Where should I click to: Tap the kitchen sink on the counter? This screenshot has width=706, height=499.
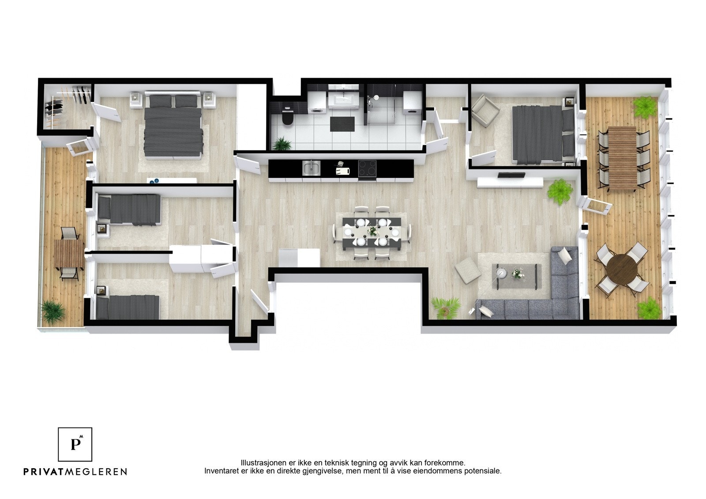(x=311, y=168)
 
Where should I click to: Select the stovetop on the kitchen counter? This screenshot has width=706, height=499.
(x=367, y=168)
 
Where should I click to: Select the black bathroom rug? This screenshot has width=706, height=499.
(x=342, y=124)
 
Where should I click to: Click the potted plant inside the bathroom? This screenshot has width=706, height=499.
(x=281, y=144)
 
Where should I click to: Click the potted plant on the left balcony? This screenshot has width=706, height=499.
(x=53, y=311)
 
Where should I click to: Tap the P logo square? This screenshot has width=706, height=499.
(x=75, y=444)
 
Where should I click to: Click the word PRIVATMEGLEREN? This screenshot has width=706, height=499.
(x=75, y=472)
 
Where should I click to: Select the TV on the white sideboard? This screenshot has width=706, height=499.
(x=511, y=176)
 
